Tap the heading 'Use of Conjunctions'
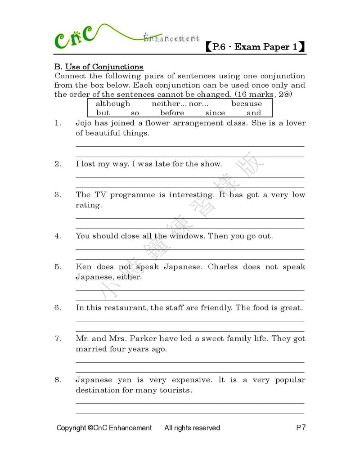tap(104, 67)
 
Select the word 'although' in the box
tap(112, 104)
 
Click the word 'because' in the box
tap(246, 104)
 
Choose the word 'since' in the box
tap(215, 113)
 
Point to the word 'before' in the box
tap(172, 113)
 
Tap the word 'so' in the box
tap(135, 113)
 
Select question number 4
tap(58, 236)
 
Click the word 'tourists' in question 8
tap(175, 390)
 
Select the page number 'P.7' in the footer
tap(301, 428)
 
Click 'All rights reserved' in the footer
tap(192, 428)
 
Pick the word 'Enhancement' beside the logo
tap(171, 39)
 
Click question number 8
tap(58, 380)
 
